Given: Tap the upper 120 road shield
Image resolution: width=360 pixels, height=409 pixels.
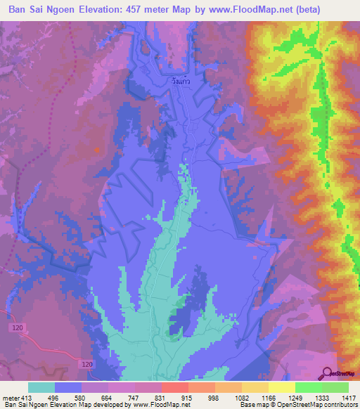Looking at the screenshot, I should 17,328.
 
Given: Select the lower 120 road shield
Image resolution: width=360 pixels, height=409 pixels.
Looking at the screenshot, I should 86,364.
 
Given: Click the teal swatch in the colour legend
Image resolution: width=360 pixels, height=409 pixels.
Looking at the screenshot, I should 41,387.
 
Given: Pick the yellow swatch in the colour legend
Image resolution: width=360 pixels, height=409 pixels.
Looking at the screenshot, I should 281,387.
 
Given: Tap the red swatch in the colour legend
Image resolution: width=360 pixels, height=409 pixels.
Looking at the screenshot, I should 174,387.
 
